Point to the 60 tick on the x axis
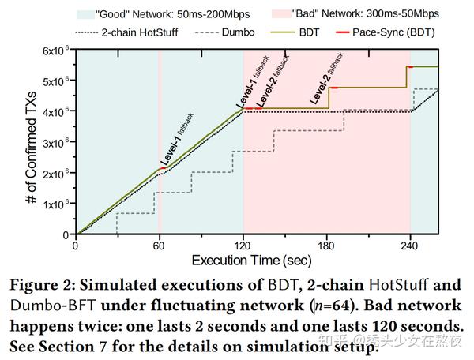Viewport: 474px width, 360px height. (159, 246)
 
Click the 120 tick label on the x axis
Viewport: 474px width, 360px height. (243, 246)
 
